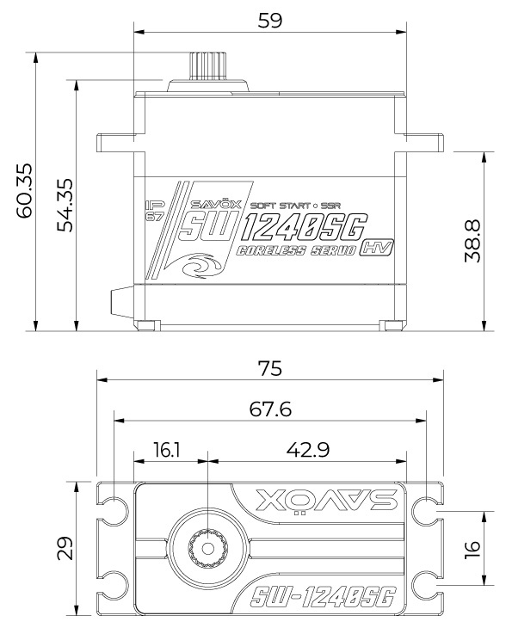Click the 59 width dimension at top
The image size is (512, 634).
coord(270,20)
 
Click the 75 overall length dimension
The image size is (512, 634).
coord(270,368)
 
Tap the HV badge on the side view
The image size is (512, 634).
coord(373,248)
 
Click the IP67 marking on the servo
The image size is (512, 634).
coord(156,210)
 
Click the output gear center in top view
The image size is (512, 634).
coord(208,545)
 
